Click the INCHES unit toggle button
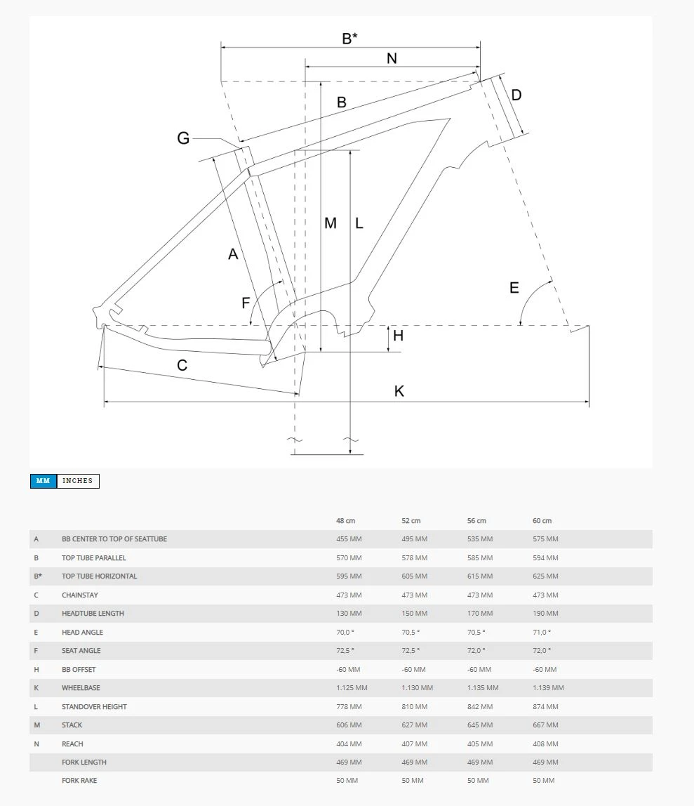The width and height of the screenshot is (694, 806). click(x=78, y=481)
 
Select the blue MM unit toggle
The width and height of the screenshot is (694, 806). click(x=43, y=481)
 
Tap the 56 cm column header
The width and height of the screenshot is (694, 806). click(x=476, y=521)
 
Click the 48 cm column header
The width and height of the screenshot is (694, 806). click(x=345, y=521)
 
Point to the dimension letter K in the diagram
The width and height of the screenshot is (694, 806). click(x=399, y=391)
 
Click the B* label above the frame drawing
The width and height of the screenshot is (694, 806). click(x=349, y=39)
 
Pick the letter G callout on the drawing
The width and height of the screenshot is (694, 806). click(x=183, y=138)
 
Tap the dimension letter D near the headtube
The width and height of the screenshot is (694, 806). click(x=516, y=95)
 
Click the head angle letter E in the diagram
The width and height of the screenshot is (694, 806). click(x=514, y=288)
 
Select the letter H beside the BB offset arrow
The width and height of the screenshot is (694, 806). click(x=398, y=336)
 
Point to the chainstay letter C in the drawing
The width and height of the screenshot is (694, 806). click(x=182, y=365)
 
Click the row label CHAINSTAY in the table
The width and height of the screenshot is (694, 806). click(x=80, y=595)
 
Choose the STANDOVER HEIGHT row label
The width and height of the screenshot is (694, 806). click(x=94, y=707)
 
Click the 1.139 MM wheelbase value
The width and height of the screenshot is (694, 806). click(x=548, y=688)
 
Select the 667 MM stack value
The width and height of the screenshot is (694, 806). click(x=545, y=725)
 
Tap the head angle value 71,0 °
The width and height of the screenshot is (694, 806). click(x=542, y=633)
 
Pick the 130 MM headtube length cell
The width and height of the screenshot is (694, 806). click(x=349, y=614)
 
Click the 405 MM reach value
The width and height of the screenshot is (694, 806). click(x=480, y=744)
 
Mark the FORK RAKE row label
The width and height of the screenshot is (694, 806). click(x=79, y=781)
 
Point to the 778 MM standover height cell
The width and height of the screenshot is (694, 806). click(x=349, y=707)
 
